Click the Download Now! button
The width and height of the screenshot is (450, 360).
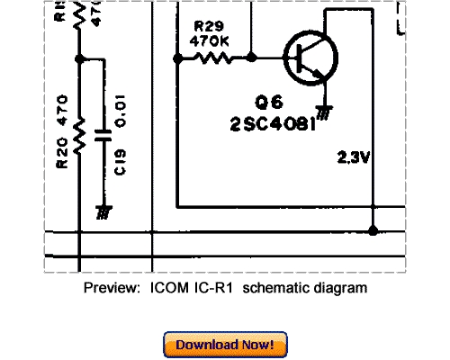click(225, 345)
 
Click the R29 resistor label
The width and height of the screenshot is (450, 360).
click(206, 26)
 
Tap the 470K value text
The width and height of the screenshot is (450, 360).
click(209, 40)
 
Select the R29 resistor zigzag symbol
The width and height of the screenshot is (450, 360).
click(216, 58)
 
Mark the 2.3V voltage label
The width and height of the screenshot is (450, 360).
click(354, 157)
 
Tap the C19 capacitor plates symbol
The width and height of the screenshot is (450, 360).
click(106, 137)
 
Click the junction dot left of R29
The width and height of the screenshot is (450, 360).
click(178, 58)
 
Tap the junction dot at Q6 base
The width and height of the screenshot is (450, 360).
click(251, 58)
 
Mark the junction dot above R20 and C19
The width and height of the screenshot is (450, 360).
click(80, 59)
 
